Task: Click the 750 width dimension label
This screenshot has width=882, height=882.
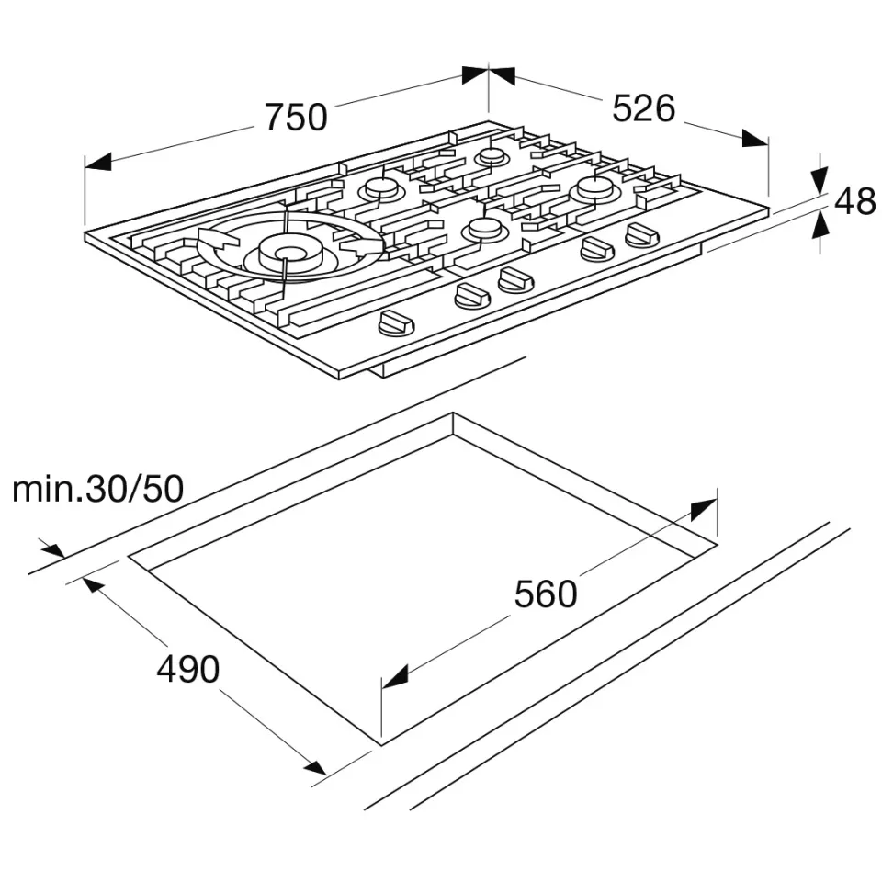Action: coord(296,117)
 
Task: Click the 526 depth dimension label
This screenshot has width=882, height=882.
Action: coord(643,108)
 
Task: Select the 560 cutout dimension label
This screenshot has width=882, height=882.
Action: coord(546,594)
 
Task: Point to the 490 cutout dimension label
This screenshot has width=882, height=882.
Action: coord(187,670)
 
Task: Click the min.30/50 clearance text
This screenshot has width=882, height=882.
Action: coord(98,489)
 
